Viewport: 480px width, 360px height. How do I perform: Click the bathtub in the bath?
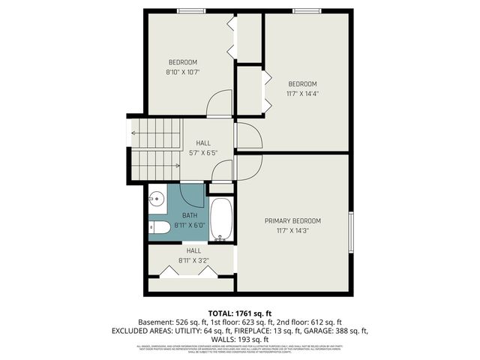pos(220,219)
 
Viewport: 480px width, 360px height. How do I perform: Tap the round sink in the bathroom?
pos(157,199)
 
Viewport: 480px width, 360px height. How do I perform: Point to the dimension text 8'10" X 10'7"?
pos(182,73)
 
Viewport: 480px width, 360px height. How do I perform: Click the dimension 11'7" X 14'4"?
pos(303,94)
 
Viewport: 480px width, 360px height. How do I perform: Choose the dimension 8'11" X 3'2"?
pos(193,260)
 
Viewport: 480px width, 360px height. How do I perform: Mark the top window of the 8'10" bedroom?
pos(191,10)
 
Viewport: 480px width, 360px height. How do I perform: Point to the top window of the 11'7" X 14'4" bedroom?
pos(304,10)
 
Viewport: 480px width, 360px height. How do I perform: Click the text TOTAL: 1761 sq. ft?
pos(240,312)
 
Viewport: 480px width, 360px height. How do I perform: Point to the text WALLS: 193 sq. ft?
pos(240,338)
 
